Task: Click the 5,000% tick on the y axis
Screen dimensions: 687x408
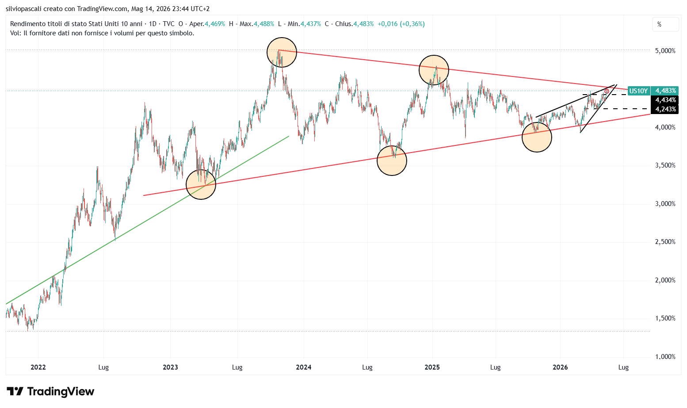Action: pyautogui.click(x=665, y=51)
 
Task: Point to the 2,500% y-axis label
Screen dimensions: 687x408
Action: pyautogui.click(x=665, y=242)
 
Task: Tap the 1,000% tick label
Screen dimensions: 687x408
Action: pyautogui.click(x=665, y=357)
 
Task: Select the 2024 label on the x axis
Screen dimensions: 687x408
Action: pyautogui.click(x=304, y=367)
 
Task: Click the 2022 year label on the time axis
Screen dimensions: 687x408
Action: pyautogui.click(x=38, y=367)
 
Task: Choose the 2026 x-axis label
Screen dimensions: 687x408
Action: pyautogui.click(x=560, y=367)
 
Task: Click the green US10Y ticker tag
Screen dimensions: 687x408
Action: pyautogui.click(x=638, y=91)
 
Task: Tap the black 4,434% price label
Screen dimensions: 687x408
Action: pyautogui.click(x=665, y=100)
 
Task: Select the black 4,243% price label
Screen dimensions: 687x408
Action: pyautogui.click(x=665, y=109)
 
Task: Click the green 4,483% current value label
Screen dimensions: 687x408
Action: pyautogui.click(x=665, y=91)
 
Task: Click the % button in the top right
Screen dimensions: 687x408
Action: pyautogui.click(x=665, y=25)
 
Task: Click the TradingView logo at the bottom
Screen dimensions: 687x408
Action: pyautogui.click(x=50, y=392)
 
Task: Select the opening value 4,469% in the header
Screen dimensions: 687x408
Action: pyautogui.click(x=215, y=24)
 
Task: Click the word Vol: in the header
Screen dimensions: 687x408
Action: pyautogui.click(x=16, y=33)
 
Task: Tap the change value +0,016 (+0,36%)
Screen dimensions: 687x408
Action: pyautogui.click(x=401, y=24)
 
